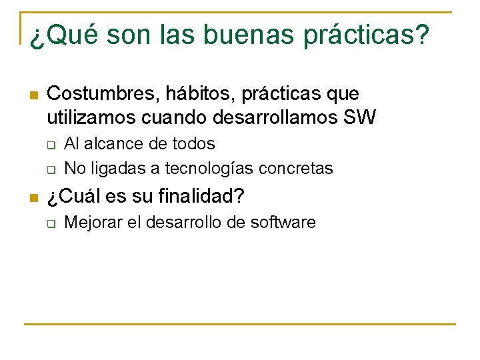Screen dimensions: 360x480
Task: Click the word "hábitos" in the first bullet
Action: [x=195, y=94]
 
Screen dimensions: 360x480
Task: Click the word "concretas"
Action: [x=300, y=169]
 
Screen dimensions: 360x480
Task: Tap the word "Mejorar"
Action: [x=92, y=223]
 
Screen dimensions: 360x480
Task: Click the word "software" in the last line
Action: [x=283, y=223]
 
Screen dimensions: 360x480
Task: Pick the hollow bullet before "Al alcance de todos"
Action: [x=51, y=145]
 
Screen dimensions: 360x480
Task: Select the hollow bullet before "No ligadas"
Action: [x=51, y=169]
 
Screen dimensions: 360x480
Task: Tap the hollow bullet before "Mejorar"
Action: [x=51, y=223]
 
